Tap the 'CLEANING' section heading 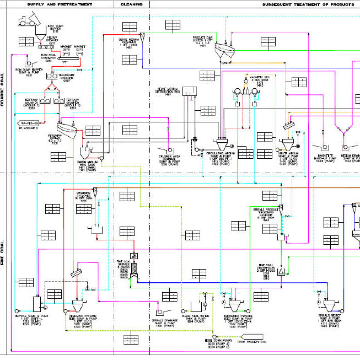pos(132,4)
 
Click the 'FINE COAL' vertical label pos(3,254)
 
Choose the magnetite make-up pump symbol pos(323,147)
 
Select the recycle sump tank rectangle pos(37,303)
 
